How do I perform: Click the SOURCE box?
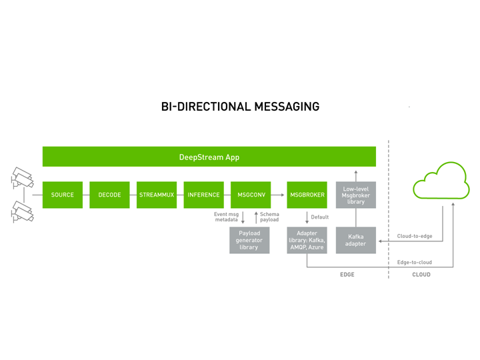coord(63,195)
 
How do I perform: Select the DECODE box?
coord(109,195)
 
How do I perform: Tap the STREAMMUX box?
coord(157,195)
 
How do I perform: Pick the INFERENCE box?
coord(203,195)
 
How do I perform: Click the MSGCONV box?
coord(251,195)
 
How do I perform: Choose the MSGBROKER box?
coord(307,195)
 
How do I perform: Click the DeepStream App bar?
coord(209,157)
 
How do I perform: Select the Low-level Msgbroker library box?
coord(356,195)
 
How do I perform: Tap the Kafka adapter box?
coord(356,240)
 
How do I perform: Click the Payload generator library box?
coord(249,240)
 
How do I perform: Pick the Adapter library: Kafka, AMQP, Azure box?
coord(307,240)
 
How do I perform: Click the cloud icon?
coord(441,181)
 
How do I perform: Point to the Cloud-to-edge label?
coord(415,236)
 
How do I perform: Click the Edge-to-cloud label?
coord(415,262)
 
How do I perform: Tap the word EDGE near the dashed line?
coord(347,274)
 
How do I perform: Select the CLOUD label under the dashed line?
coord(421,274)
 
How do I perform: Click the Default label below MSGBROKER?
coord(320,217)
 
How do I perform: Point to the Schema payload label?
coord(269,217)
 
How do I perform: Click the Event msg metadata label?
coord(226,217)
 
